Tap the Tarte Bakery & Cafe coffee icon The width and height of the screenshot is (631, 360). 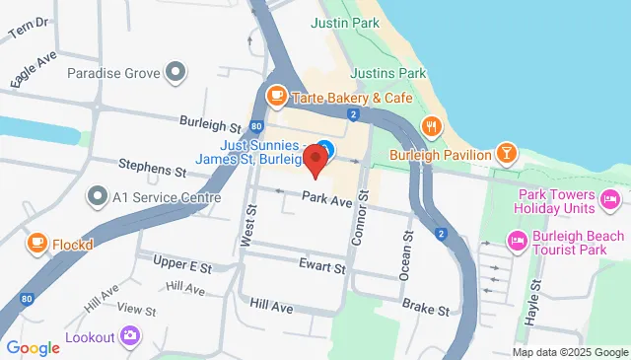[x=277, y=97]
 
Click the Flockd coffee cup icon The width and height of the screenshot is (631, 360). [x=36, y=241]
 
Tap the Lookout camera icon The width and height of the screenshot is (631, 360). [x=130, y=337]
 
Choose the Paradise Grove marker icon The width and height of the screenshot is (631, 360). [x=176, y=72]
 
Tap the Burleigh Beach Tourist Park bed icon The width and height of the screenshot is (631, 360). [x=516, y=241]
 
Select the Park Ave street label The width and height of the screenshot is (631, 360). [x=327, y=200]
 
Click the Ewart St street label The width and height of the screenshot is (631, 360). [x=323, y=266]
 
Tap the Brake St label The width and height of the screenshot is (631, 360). [x=426, y=309]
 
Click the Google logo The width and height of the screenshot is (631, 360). [x=33, y=347]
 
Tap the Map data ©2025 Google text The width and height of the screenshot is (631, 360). [x=569, y=352]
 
